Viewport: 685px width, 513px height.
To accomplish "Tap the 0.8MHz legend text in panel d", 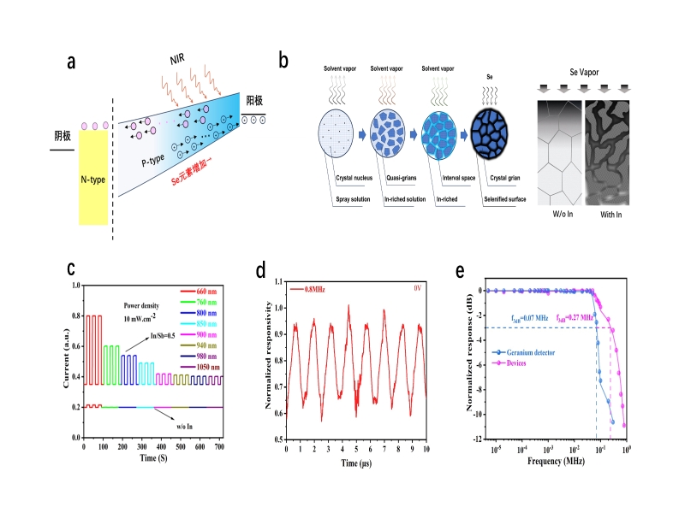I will pyautogui.click(x=308, y=290).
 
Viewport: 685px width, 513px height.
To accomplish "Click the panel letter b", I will pyautogui.click(x=283, y=62).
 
